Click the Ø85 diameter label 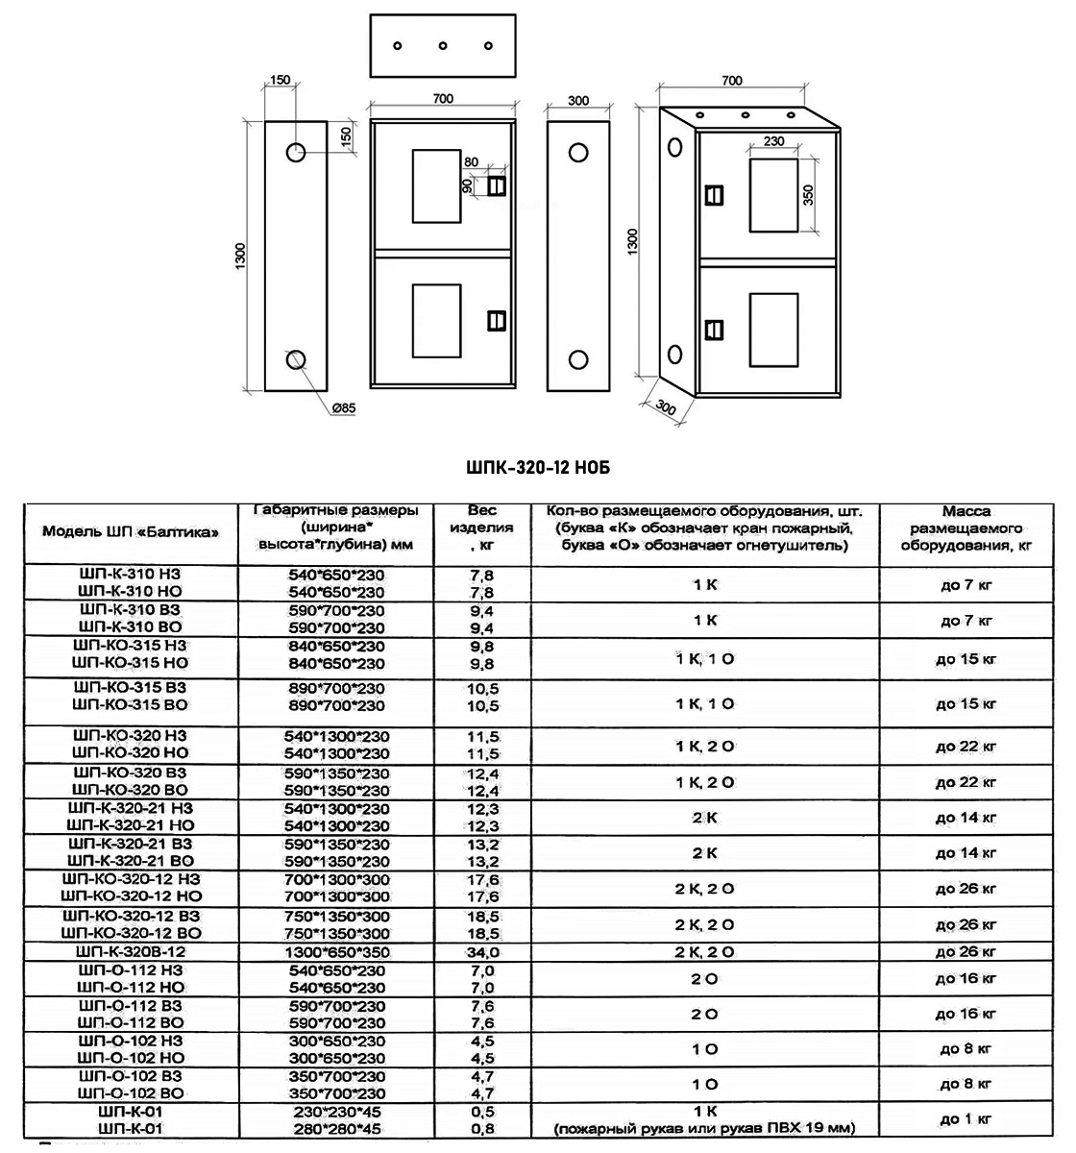click(x=343, y=408)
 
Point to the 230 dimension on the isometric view click(x=773, y=141)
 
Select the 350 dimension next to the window click(x=808, y=196)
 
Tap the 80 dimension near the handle click(x=471, y=161)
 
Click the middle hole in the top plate click(x=443, y=45)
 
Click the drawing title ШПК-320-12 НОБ click(x=537, y=468)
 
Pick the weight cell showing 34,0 click(x=482, y=952)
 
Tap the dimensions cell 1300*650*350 click(x=336, y=952)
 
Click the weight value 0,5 click(x=482, y=1112)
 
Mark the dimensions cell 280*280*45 click(x=336, y=1129)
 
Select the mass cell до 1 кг click(x=966, y=1118)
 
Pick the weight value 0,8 click(x=482, y=1129)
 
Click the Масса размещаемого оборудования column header click(x=966, y=527)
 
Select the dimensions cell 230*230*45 click(x=336, y=1112)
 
